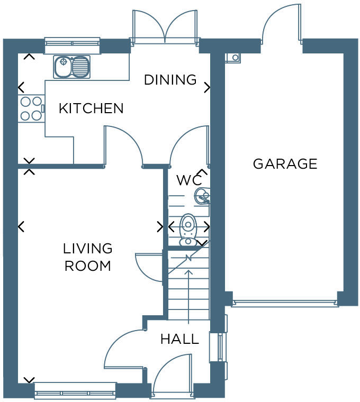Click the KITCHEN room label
tap(91, 108)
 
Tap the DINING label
tap(170, 80)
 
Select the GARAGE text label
tap(285, 164)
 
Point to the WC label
tap(189, 180)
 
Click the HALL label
tap(179, 339)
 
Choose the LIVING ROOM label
tap(88, 257)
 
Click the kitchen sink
tap(71, 67)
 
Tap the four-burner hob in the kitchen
tap(31, 108)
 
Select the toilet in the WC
tap(188, 231)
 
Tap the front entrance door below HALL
tap(173, 376)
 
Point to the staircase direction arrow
tap(188, 296)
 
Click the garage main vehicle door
tap(285, 304)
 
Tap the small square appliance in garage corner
tap(233, 58)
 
